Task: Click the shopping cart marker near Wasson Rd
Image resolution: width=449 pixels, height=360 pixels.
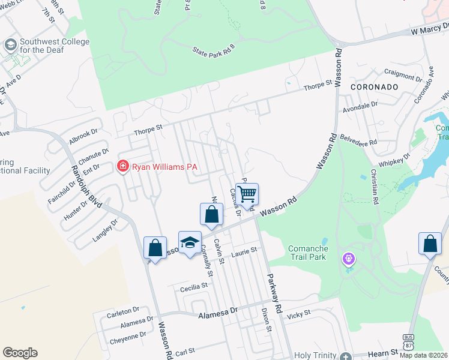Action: (x=247, y=194)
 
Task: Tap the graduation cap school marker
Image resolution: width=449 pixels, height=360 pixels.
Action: (x=190, y=243)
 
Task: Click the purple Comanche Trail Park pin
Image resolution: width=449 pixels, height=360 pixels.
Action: (x=349, y=259)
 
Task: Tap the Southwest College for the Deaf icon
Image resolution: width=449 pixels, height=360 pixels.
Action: (x=10, y=45)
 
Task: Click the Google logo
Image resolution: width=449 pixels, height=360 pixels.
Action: (x=20, y=352)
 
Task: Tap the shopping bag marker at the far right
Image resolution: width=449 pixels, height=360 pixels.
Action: (x=430, y=244)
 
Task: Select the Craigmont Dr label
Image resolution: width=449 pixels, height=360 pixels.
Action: (x=403, y=77)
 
